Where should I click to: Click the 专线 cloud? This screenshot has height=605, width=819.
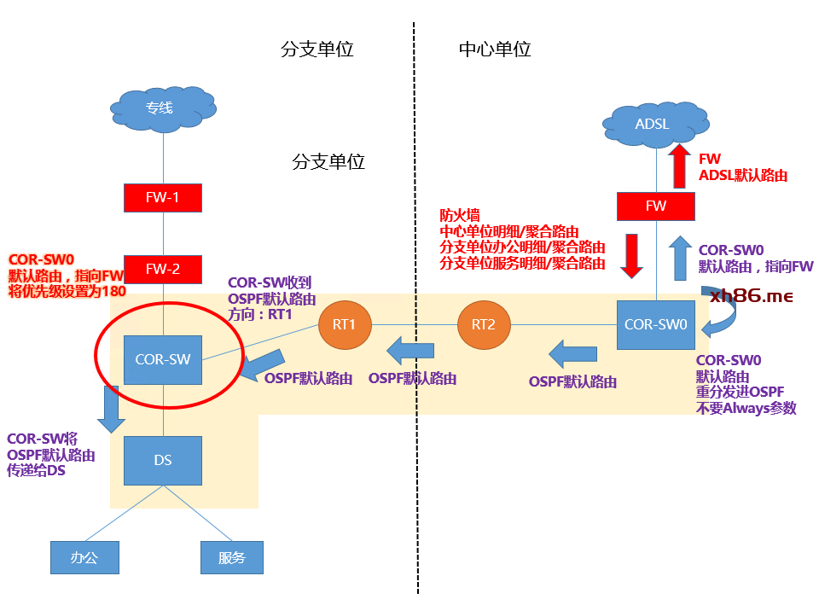pos(162,108)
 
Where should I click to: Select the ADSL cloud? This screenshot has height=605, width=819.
pos(653,125)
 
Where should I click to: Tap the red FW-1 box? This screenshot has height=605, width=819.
pos(162,197)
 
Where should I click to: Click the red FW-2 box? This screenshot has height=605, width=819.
pos(162,269)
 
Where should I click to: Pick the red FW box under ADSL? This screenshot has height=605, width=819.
pos(655,206)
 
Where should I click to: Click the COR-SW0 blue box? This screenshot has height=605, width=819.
pos(655,324)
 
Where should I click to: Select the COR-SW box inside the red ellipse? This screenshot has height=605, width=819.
pos(162,359)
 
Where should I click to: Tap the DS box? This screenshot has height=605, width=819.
pos(162,460)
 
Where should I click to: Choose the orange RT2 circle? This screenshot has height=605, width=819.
pos(482,324)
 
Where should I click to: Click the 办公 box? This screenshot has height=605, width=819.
pos(84,557)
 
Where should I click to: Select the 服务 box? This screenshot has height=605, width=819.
pos(231,557)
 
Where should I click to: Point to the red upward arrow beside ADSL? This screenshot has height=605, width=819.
pos(680,166)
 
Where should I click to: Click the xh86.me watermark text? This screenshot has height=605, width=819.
pos(752,296)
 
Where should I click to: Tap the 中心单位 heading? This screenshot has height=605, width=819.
pos(495,49)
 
